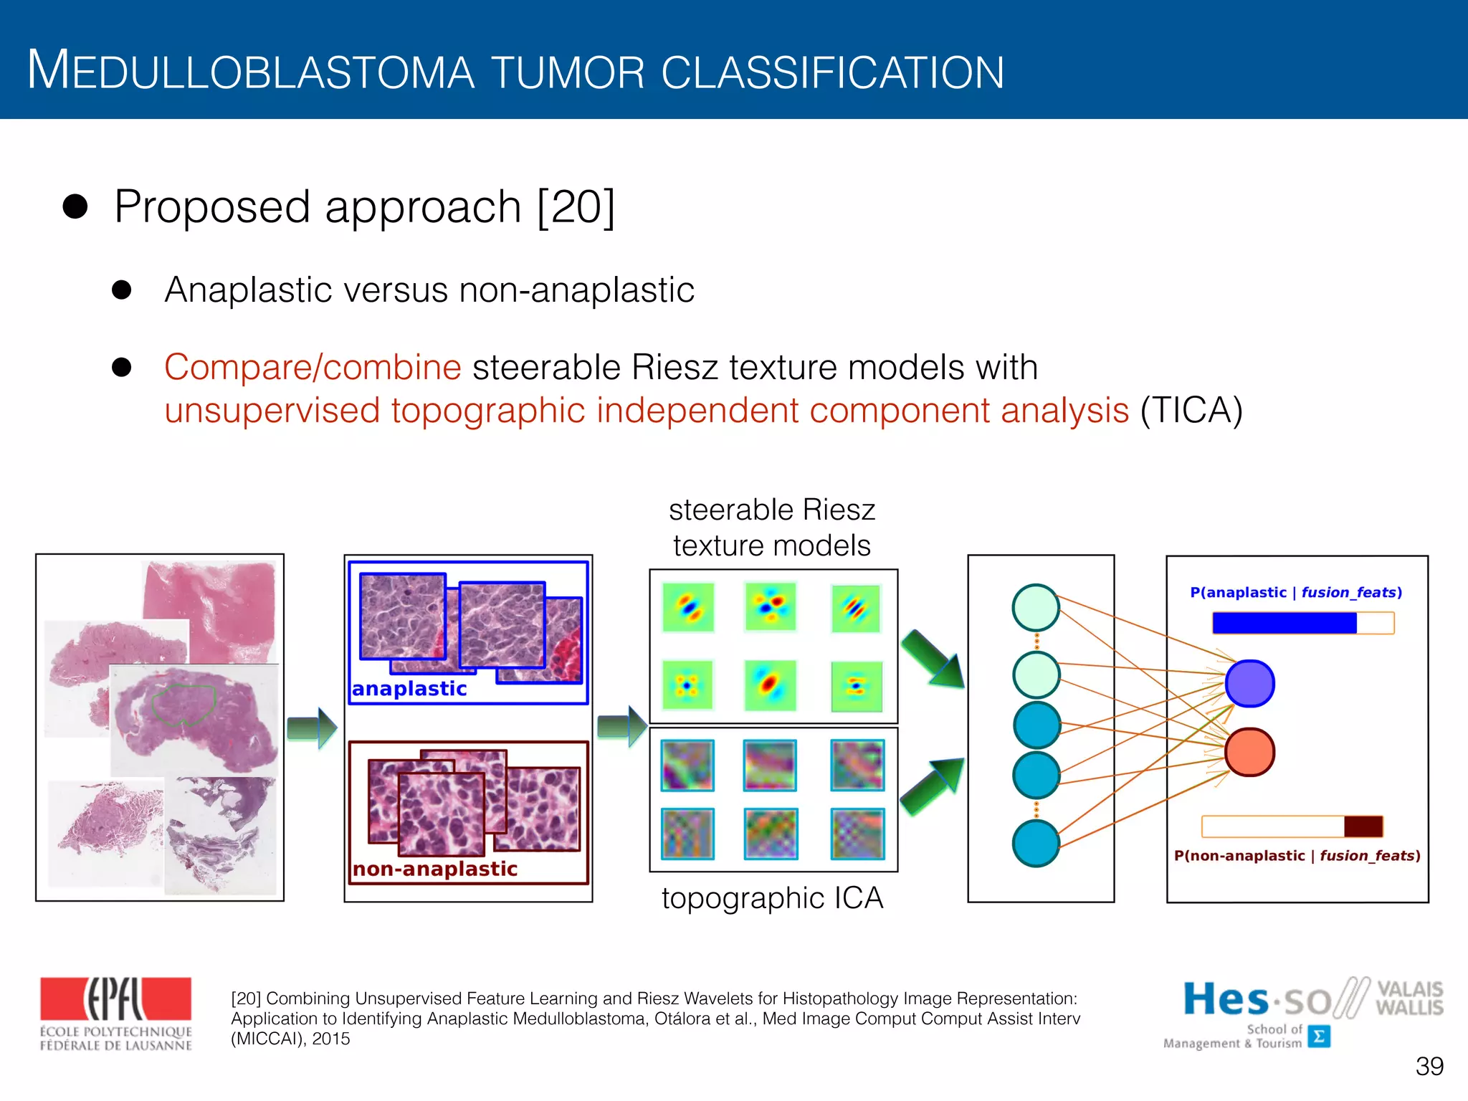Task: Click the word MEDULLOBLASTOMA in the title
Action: (251, 72)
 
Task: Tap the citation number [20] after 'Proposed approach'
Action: (576, 208)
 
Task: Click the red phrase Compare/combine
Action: (313, 368)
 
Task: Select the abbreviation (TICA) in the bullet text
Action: (1191, 411)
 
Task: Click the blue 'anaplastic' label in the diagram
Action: (409, 689)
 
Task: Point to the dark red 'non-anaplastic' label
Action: (434, 869)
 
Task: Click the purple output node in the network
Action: (1249, 684)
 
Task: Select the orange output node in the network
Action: (1249, 752)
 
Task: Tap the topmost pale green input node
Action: (1036, 608)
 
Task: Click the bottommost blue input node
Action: (1036, 844)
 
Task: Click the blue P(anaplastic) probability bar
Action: (1284, 623)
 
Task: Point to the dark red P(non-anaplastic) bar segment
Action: (1363, 826)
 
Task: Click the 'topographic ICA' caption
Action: (772, 898)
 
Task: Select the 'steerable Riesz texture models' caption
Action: (772, 528)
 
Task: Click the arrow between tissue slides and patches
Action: (312, 728)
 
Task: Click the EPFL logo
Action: (115, 1014)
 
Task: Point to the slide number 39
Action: (1429, 1067)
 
